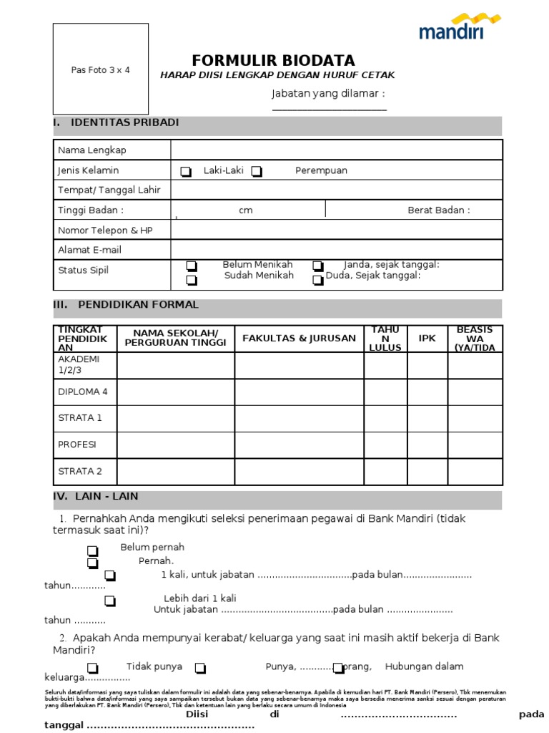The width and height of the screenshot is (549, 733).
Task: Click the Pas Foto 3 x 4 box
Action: pos(101,69)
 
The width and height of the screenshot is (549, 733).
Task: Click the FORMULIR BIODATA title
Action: pos(273,61)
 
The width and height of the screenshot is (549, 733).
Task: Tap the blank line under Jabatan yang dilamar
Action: pos(329,110)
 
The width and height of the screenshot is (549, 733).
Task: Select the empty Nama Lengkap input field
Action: pos(336,150)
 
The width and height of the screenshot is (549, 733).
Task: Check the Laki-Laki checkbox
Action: pos(186,172)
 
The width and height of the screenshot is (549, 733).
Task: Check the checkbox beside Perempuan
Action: pos(257,172)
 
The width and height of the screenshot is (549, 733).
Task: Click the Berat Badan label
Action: pos(439,210)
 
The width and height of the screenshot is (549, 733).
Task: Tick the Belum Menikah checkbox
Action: pos(192,266)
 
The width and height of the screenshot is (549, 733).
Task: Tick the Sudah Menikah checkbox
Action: pos(192,280)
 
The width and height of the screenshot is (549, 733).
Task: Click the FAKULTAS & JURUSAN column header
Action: pos(299,339)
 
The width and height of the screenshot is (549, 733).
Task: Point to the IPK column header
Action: pos(427,339)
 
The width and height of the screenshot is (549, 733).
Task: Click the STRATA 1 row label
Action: pos(80,417)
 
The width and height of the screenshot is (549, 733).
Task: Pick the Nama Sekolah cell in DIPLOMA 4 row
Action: pos(176,392)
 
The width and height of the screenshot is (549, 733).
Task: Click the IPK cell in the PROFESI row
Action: pos(427,445)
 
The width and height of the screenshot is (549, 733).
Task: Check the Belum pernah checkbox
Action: pos(92,550)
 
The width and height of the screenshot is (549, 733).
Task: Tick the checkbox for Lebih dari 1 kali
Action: pos(110,601)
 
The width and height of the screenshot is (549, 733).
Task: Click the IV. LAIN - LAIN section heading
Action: pos(96,496)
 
